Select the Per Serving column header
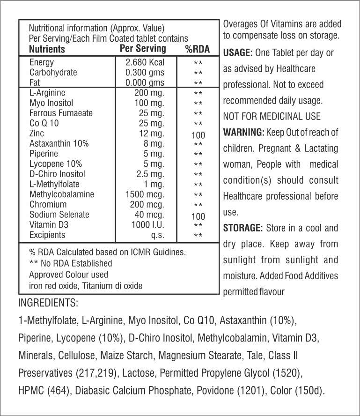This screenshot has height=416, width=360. pos(143,49)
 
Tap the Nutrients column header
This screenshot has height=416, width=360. pos(47,49)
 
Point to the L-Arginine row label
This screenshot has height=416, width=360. pos(47,93)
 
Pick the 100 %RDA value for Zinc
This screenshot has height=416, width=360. pos(198,136)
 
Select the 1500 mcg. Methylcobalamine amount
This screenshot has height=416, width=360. pos(145,194)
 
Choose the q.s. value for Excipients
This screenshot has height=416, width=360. pos(157,235)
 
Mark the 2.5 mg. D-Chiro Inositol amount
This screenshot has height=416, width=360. pos(150,174)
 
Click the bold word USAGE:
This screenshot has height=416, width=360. pos(238,53)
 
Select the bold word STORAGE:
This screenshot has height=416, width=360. pos(242,228)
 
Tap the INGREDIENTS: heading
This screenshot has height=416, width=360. pos(48,303)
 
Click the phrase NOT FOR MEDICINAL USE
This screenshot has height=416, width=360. pos(272,116)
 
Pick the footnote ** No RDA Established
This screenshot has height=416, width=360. pos(71,264)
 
